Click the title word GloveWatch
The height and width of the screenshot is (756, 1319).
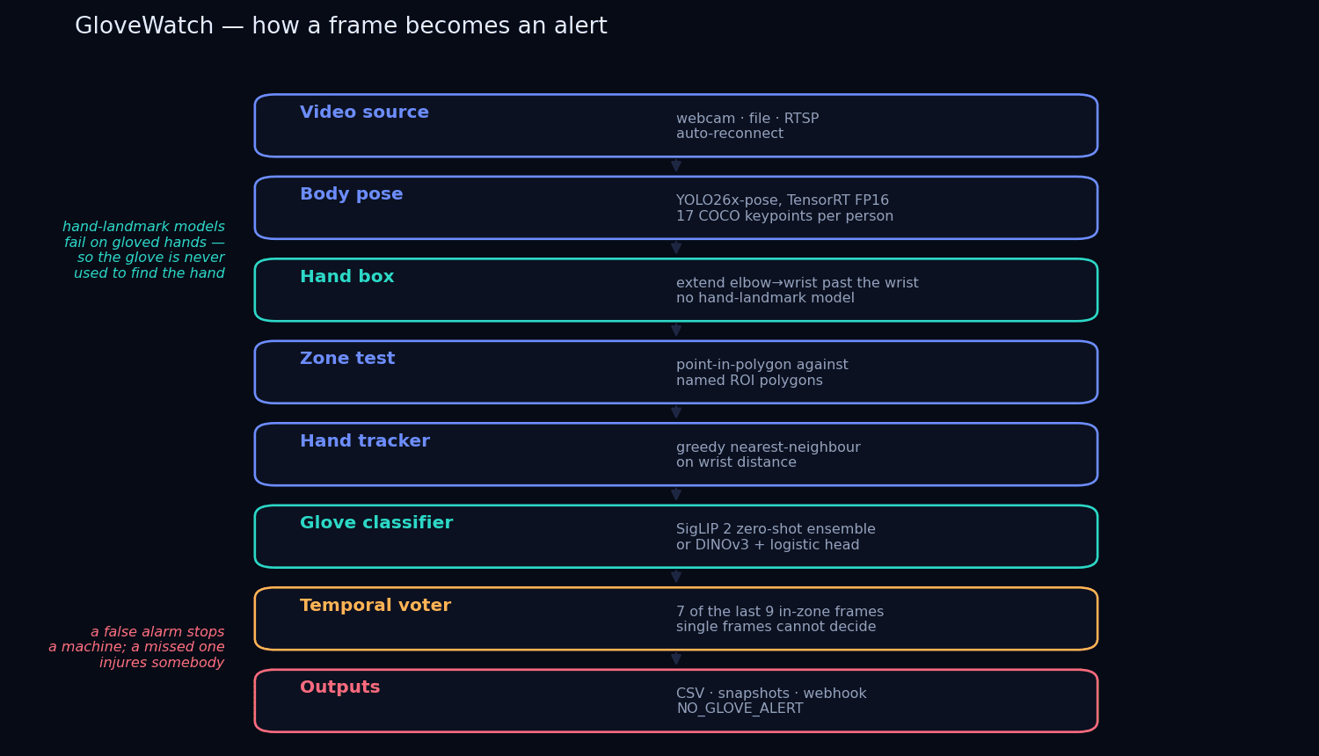144,25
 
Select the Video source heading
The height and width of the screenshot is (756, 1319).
365,112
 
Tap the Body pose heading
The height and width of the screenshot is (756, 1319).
352,194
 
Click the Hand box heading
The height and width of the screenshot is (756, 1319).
346,276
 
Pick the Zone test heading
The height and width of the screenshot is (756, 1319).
347,358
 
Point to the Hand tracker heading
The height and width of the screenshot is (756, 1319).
365,440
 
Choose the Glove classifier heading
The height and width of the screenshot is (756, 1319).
376,522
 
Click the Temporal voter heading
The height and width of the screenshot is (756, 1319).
375,606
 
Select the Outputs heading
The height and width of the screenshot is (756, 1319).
339,687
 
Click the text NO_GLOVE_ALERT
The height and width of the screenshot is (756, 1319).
740,709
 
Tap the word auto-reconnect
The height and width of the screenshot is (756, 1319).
730,134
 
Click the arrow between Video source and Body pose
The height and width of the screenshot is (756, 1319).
676,164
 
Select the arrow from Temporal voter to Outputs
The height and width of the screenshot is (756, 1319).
676,658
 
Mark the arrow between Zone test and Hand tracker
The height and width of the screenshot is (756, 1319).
676,411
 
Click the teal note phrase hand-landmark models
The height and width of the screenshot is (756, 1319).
143,227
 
